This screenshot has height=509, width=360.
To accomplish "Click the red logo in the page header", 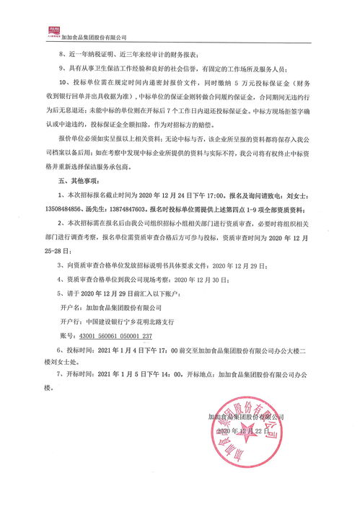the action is coord(51,31).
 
